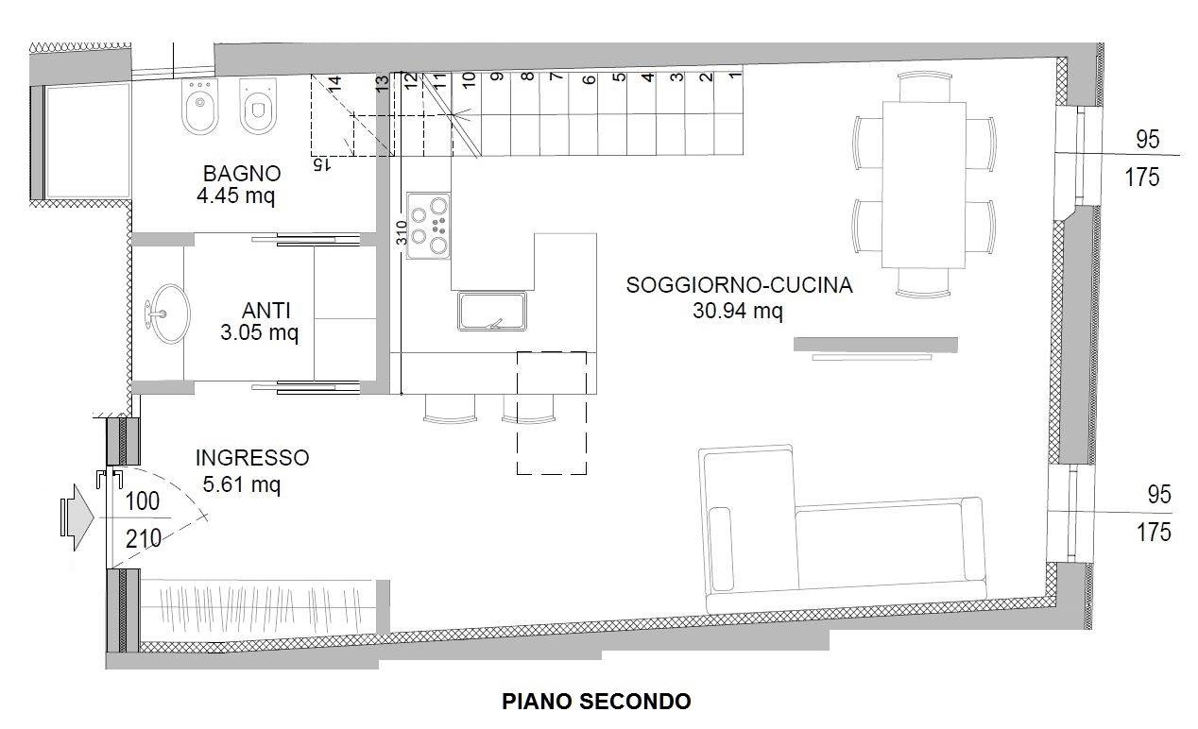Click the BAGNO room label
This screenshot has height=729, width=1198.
tap(242, 174)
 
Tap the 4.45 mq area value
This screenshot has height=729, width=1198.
tap(236, 195)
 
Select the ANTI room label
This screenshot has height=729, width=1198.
tap(265, 311)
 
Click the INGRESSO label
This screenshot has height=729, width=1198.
tap(252, 458)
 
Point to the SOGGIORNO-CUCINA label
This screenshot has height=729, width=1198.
tap(739, 285)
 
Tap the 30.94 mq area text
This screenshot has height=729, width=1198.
tap(738, 311)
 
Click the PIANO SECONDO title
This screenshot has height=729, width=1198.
tap(596, 702)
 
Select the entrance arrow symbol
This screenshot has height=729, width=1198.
tap(77, 517)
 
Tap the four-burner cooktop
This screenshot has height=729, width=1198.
tap(428, 226)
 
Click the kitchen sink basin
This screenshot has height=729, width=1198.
tap(492, 311)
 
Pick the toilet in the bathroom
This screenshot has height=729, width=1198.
tap(258, 107)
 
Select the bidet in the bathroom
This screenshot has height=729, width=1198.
tap(200, 107)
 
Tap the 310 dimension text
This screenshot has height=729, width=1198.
tap(402, 233)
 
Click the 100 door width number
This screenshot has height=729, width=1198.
tap(143, 501)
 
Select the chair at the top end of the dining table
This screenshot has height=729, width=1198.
tap(925, 87)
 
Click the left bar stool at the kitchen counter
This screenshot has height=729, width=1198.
tap(450, 409)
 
